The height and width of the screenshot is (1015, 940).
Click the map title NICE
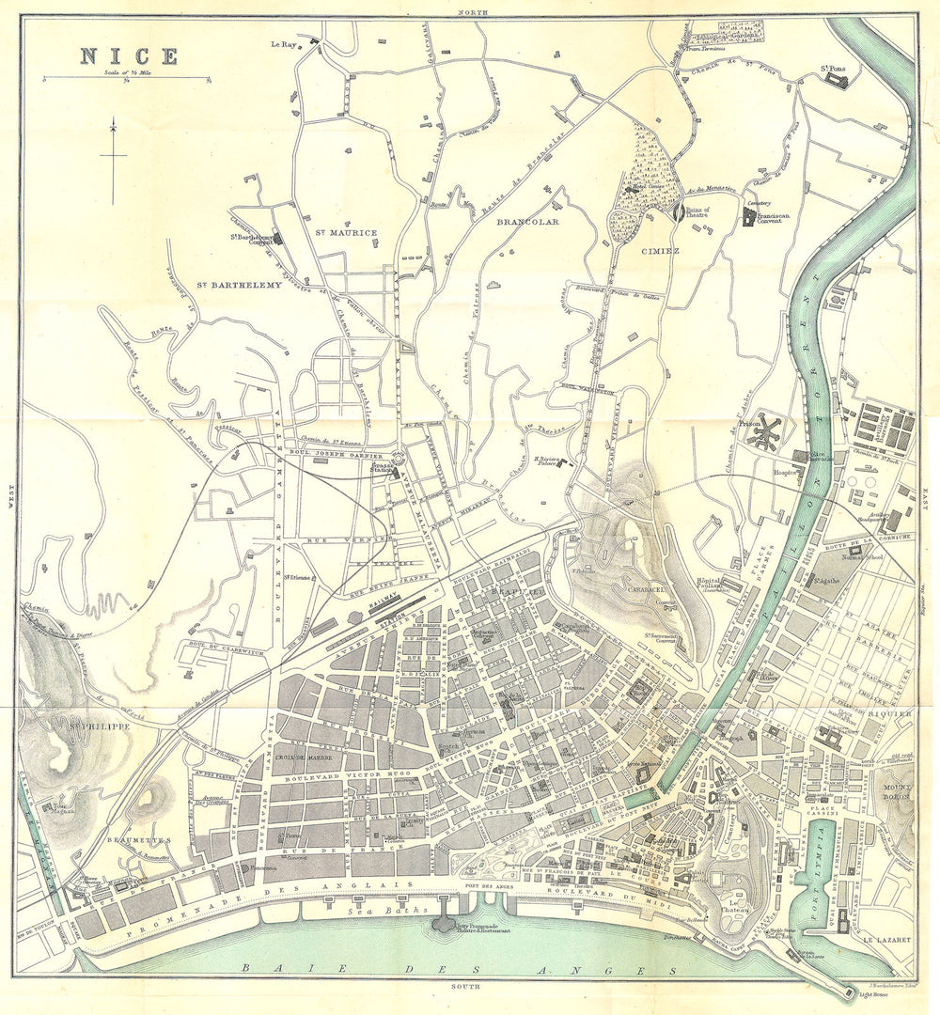pyautogui.click(x=128, y=55)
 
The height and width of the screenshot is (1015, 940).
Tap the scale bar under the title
pyautogui.click(x=126, y=78)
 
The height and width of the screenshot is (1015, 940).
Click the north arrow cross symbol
pyautogui.click(x=113, y=156)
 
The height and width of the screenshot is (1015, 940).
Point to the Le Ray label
pyautogui.click(x=283, y=43)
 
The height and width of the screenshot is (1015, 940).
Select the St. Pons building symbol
pyautogui.click(x=836, y=81)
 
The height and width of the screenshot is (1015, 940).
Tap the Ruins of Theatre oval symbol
pyautogui.click(x=678, y=213)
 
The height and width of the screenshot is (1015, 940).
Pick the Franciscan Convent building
pyautogui.click(x=749, y=217)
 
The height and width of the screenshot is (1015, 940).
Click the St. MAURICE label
pyautogui.click(x=345, y=232)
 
